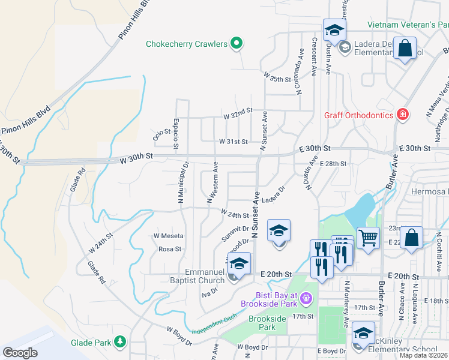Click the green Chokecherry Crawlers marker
[237, 43]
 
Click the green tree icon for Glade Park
[121, 342]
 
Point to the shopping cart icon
[368, 236]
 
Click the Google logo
[20, 352]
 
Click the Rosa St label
[170, 249]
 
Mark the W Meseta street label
[169, 236]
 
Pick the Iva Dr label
[209, 292]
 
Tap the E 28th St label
[333, 164]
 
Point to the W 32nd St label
[238, 112]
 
